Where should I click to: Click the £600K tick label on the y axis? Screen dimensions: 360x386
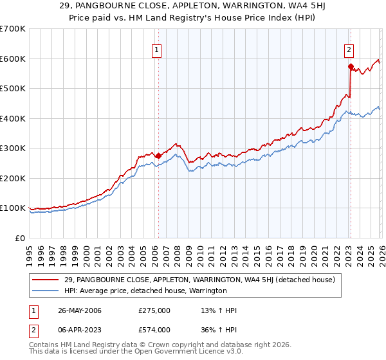[x=13, y=59]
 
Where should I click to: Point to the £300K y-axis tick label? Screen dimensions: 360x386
[x=13, y=148]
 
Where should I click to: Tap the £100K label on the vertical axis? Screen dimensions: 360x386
[x=13, y=208]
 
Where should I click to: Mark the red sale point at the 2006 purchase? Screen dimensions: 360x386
[x=158, y=156]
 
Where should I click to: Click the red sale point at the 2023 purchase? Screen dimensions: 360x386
[x=351, y=66]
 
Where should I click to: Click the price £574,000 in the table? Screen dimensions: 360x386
[x=154, y=329]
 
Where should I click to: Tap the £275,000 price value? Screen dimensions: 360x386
[x=154, y=310]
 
